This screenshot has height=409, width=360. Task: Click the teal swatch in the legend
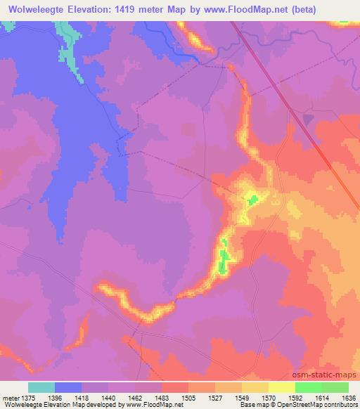41,388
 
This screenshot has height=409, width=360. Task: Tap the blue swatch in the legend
68,388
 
